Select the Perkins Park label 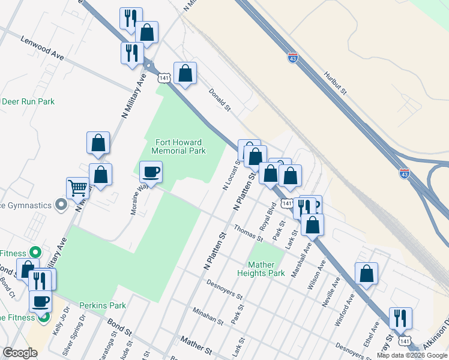[x=105, y=305]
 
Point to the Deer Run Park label [x=28, y=101]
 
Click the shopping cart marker [x=77, y=188]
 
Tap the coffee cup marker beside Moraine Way [x=151, y=173]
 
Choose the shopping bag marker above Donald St [x=185, y=74]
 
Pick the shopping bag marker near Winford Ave [x=366, y=274]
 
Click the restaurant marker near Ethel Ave [x=400, y=318]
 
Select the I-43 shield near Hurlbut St [x=292, y=58]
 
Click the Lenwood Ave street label [x=42, y=47]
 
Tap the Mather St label [x=196, y=347]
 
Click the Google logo [x=20, y=353]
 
